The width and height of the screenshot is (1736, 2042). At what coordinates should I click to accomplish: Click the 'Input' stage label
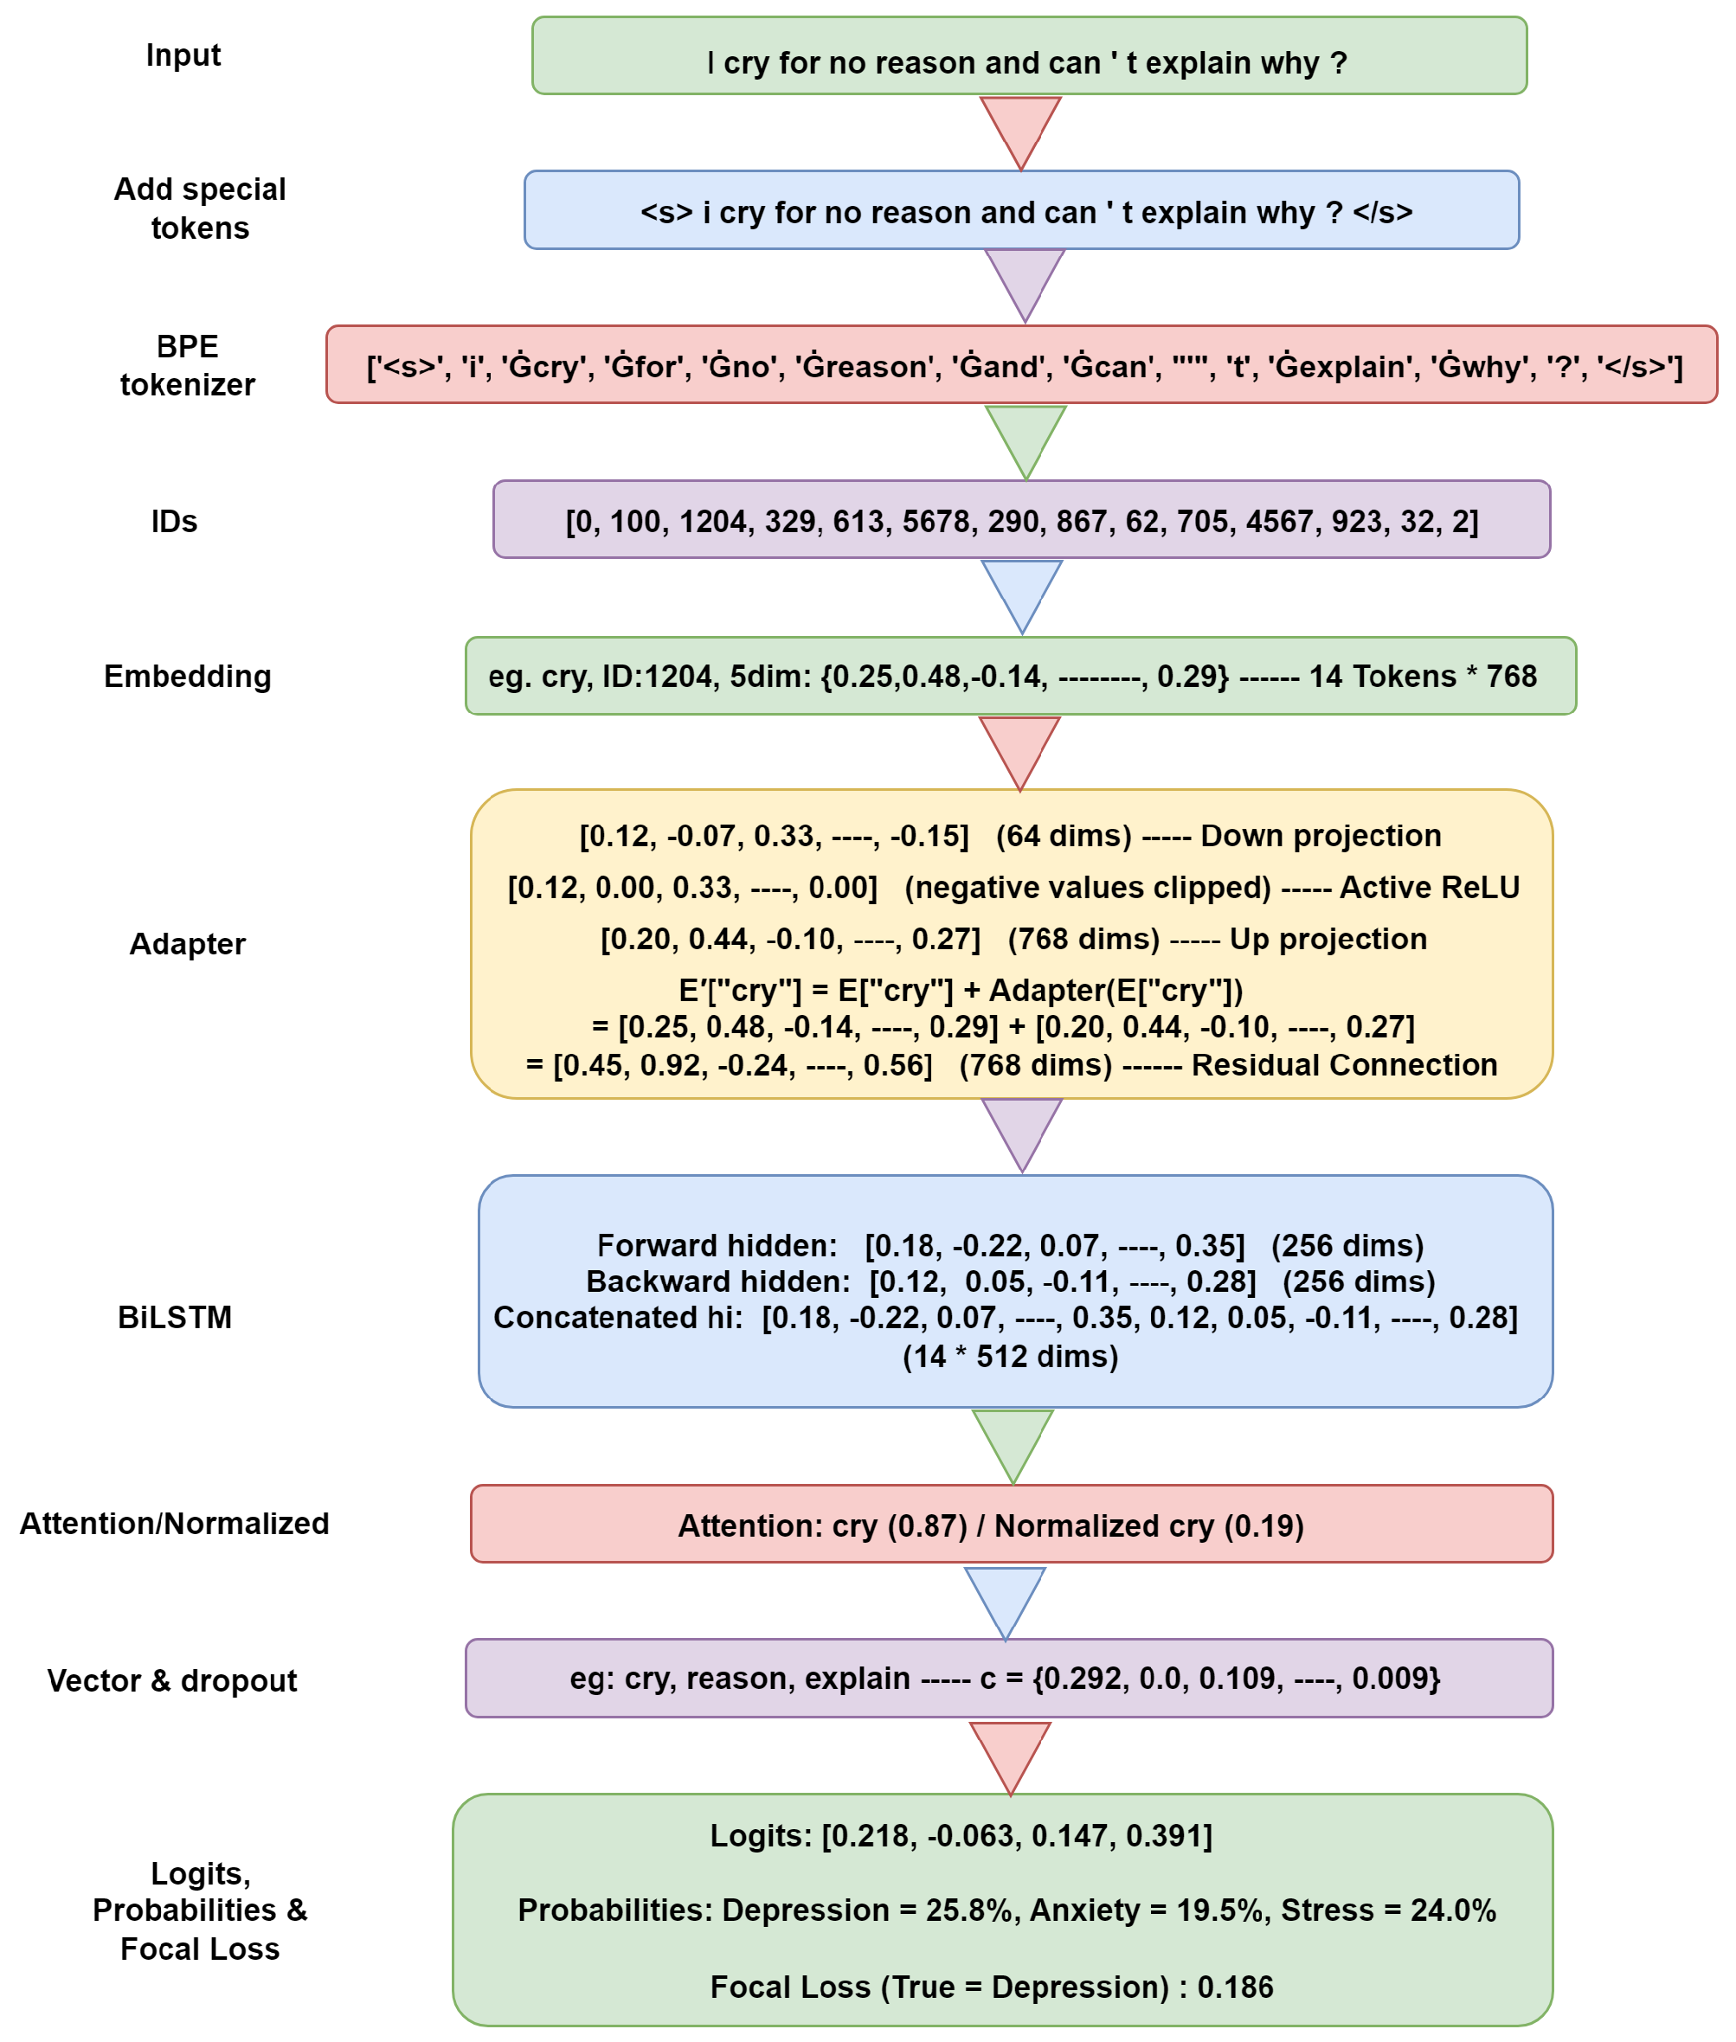pyautogui.click(x=183, y=55)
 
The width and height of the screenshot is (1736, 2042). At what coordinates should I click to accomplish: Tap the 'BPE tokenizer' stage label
pyautogui.click(x=187, y=365)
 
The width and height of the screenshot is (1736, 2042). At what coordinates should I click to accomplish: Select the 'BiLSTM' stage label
pyautogui.click(x=174, y=1317)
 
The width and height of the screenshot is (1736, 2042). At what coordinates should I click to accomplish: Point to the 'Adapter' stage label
pyautogui.click(x=187, y=944)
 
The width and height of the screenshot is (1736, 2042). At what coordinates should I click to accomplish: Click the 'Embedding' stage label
pyautogui.click(x=187, y=676)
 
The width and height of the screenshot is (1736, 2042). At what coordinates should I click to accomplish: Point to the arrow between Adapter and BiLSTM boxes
pyautogui.click(x=1023, y=1133)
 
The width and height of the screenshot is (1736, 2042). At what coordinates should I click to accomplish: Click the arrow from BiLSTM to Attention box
pyautogui.click(x=1013, y=1443)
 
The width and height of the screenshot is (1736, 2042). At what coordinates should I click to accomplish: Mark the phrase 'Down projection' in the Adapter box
pyautogui.click(x=1320, y=836)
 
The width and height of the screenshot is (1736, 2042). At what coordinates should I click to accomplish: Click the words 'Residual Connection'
pyautogui.click(x=1343, y=1065)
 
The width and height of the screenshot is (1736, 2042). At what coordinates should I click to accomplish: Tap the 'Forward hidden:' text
pyautogui.click(x=717, y=1245)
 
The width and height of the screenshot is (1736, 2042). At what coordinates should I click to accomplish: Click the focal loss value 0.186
pyautogui.click(x=1234, y=1987)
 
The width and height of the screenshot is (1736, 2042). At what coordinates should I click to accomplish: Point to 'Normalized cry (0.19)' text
pyautogui.click(x=1148, y=1525)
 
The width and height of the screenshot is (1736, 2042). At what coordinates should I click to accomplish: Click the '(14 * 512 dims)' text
pyautogui.click(x=1010, y=1356)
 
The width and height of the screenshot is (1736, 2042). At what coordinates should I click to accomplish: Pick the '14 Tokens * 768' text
pyautogui.click(x=1422, y=676)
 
